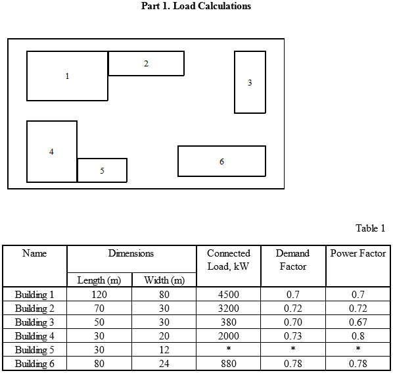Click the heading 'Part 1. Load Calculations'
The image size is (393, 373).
(x=196, y=7)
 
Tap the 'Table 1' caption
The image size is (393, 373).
(x=370, y=228)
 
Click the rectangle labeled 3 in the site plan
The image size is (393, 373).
(x=250, y=82)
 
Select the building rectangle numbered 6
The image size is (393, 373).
(x=221, y=161)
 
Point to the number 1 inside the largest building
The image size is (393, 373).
(x=67, y=76)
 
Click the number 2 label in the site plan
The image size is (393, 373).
(x=146, y=64)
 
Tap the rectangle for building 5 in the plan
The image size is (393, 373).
(x=102, y=170)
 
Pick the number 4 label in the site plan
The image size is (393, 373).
(x=51, y=152)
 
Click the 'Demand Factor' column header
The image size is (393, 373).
(x=292, y=260)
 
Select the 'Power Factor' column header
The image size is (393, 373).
(x=358, y=253)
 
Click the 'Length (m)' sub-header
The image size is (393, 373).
(x=99, y=280)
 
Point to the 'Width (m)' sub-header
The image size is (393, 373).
(x=164, y=280)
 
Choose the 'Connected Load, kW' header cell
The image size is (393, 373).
(x=229, y=260)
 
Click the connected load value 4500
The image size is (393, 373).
(x=229, y=294)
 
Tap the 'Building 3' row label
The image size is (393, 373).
(x=35, y=322)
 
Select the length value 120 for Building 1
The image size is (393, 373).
(x=99, y=294)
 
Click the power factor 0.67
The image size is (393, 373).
(x=358, y=322)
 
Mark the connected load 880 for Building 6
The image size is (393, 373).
(x=229, y=364)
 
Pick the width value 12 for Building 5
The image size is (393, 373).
(x=164, y=350)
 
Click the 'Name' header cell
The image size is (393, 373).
(x=35, y=253)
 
